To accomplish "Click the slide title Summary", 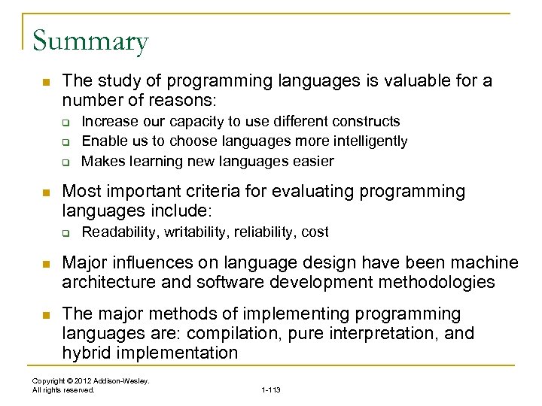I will pyautogui.click(x=90, y=41).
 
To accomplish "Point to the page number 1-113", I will pyautogui.click(x=270, y=390).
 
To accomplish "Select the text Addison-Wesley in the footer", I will pyautogui.click(x=124, y=381).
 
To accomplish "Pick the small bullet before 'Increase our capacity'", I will pyautogui.click(x=65, y=122).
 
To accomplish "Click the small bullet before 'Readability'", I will pyautogui.click(x=65, y=232).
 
